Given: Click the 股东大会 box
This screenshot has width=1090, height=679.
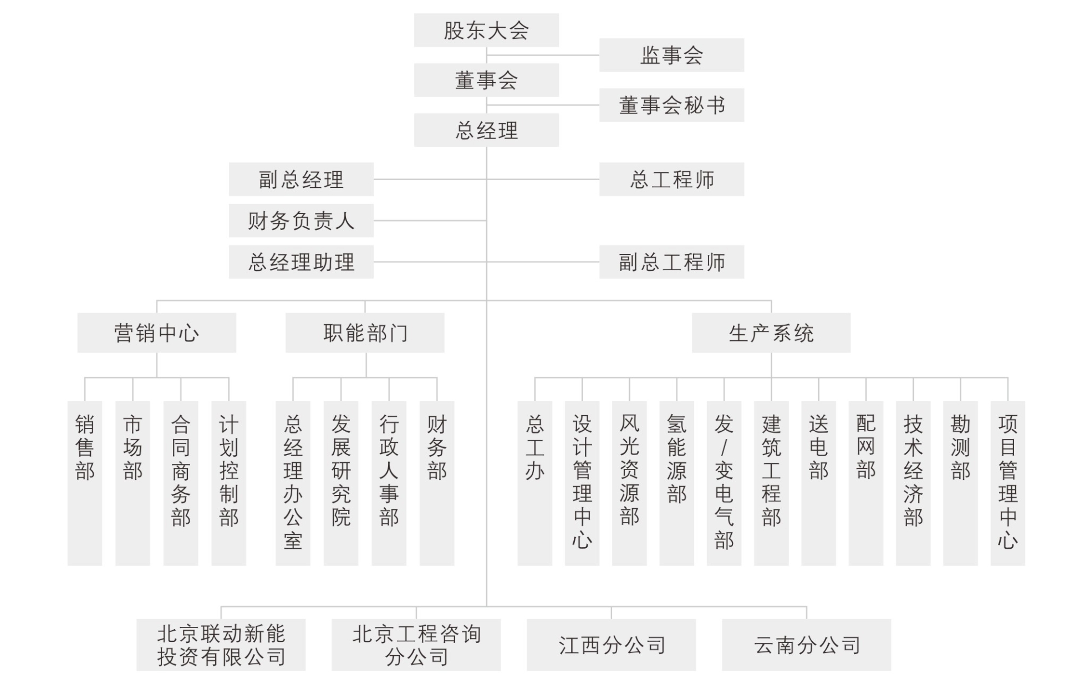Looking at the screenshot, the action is pos(486,30).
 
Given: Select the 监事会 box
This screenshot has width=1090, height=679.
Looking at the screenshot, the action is pos(671,55).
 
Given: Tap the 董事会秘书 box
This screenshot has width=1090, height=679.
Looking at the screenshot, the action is pos(671,105).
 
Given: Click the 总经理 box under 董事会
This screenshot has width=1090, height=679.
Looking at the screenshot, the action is pos(486,130).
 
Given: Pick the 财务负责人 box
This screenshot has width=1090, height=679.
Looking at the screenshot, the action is pos(301,220).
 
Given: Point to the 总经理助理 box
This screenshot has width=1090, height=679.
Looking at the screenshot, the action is pos(301,262).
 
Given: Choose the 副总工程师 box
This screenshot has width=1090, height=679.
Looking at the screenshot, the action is pos(671,262).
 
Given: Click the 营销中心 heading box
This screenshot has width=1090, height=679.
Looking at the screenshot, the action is pos(157,333).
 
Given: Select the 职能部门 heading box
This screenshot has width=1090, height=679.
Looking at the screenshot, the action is pos(365,333).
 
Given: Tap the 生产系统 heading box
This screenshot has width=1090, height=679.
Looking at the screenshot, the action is pos(771,333).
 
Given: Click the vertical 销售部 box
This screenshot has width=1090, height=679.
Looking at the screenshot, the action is pos(85,483).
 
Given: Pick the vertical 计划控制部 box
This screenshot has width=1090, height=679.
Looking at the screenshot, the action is pos(228,483).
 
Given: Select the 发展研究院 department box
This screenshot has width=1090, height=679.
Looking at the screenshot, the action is pos(341,483).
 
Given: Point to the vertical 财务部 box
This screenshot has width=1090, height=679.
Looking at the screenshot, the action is pos(437,483).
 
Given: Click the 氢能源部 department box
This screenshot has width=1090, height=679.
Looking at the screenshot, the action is pos(676,483).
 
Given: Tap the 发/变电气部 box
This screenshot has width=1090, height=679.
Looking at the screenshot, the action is pos(724,483).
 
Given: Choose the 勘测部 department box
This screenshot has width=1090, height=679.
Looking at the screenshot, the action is pos(960,483).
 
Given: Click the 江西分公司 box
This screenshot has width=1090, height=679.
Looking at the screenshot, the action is pos(612,645).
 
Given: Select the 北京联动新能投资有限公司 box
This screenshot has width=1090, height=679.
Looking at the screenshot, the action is pos(221,645).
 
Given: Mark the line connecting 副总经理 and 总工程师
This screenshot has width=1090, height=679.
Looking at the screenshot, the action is pos(486,179).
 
